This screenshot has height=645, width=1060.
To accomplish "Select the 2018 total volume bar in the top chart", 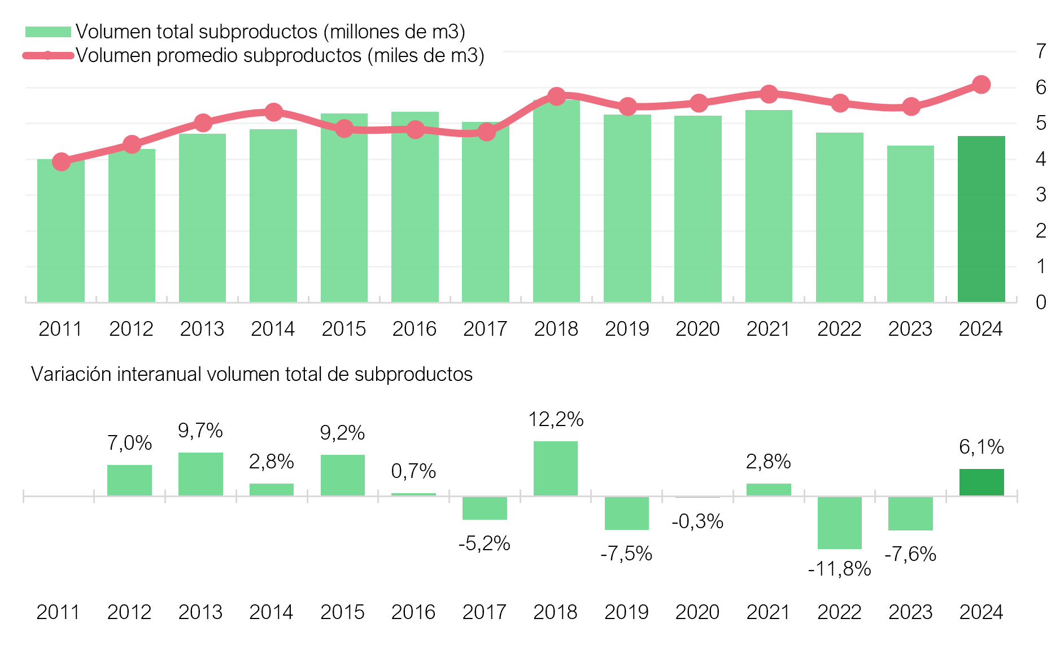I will (556, 203).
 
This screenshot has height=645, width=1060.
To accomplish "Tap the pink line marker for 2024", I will (981, 85).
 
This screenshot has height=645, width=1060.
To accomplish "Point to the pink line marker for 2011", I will (61, 162).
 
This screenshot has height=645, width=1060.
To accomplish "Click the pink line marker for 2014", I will (273, 112).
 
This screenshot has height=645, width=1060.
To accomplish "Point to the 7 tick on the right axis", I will (1041, 51).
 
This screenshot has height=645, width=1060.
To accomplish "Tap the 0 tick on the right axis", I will (1041, 302).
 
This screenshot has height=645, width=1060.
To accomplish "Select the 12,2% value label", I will (556, 419).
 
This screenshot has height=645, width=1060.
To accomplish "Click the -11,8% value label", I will (839, 569).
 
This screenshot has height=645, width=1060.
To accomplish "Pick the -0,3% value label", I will (697, 521).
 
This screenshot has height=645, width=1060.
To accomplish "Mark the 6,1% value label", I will (982, 447).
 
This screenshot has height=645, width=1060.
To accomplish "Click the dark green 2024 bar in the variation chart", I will (982, 482).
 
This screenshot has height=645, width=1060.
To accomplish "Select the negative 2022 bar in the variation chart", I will (839, 523).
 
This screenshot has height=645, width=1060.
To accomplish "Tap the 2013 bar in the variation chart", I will (200, 474).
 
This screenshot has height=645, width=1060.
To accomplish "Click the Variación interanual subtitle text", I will (252, 374).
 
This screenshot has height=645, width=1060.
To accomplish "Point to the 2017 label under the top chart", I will (485, 329).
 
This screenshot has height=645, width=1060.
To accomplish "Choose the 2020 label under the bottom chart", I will (697, 612).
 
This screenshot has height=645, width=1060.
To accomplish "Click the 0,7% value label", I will (413, 471).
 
